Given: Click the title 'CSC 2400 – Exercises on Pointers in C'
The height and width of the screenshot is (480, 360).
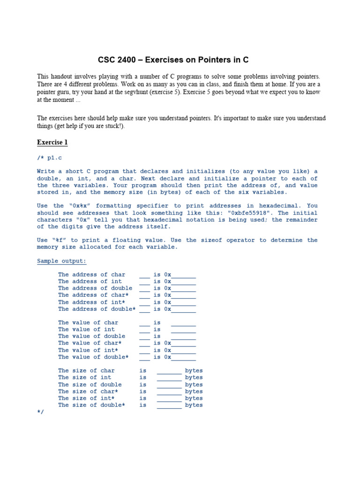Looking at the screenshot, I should point(173,60).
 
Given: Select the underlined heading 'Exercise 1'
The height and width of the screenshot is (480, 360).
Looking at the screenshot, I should point(52,142).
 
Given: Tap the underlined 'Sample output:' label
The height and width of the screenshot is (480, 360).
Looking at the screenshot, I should point(61,261).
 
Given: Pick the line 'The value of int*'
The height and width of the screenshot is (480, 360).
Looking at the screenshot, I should point(88,350).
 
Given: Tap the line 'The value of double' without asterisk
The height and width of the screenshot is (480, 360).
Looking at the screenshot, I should point(91,336).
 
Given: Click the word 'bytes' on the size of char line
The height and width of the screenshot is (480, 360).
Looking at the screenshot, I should point(194,371).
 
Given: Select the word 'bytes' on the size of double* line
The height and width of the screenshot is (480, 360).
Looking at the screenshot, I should point(194,405).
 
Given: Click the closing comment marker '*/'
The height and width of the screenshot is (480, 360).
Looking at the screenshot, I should point(40,411).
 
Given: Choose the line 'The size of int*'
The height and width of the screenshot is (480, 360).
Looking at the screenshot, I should point(86,398).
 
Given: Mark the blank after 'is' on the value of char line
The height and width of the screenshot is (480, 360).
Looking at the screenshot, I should point(183,323).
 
